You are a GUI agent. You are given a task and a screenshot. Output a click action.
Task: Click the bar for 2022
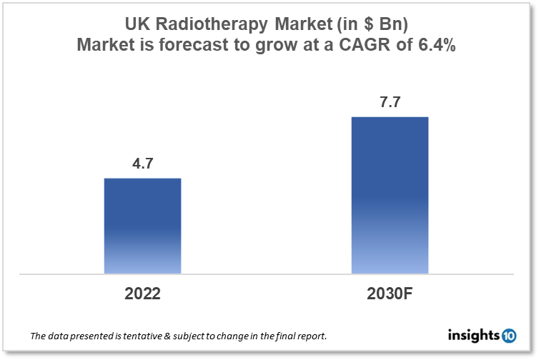[x=142, y=226]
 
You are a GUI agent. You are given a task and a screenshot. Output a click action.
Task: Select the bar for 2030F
[x=390, y=195]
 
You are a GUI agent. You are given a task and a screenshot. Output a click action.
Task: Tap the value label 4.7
[x=142, y=164]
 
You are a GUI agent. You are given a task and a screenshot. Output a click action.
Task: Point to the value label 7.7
[x=390, y=102]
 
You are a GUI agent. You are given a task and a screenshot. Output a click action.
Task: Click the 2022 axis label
[x=142, y=293]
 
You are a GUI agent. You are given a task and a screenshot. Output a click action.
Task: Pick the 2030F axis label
[x=390, y=293]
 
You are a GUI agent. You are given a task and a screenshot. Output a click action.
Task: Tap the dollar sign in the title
[x=367, y=25]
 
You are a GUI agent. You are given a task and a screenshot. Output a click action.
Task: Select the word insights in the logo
[x=475, y=334]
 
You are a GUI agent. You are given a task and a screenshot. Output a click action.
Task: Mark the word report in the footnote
[x=313, y=336]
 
